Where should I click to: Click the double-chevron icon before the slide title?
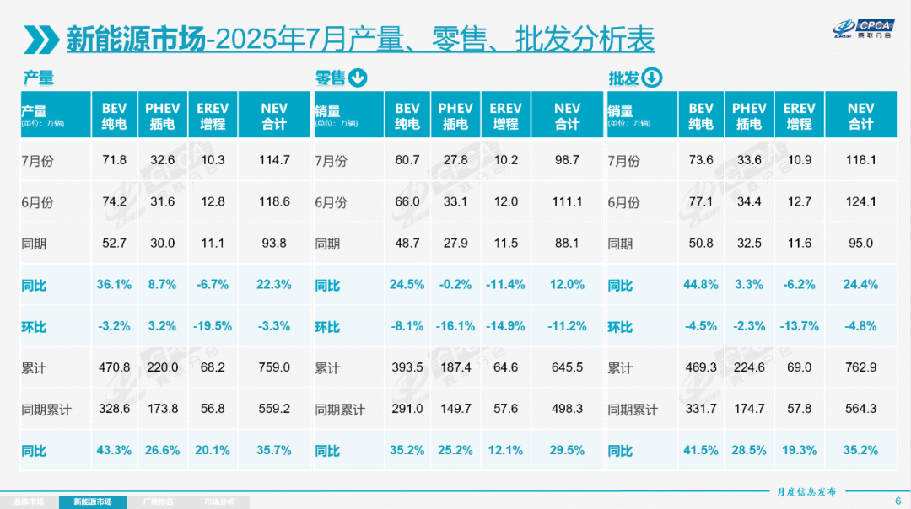tap(42, 40)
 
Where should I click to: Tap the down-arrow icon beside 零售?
tap(358, 78)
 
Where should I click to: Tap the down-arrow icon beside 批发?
tap(652, 78)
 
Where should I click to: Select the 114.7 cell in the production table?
tap(274, 160)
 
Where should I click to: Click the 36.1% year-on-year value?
tap(114, 285)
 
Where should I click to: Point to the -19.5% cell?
tap(212, 326)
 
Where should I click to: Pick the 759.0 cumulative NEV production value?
tap(274, 367)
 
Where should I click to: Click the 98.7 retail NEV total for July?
tap(567, 160)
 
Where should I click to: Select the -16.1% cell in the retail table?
tap(455, 326)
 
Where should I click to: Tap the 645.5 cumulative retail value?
tap(567, 367)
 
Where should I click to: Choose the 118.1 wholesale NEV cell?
tap(860, 160)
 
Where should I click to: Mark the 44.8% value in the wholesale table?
tap(701, 285)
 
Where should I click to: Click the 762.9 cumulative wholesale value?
tap(860, 367)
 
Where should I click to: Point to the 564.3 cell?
tap(860, 409)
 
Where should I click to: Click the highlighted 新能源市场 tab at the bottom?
tap(92, 501)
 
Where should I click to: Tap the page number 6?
tap(897, 500)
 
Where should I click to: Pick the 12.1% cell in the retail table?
tap(505, 450)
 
